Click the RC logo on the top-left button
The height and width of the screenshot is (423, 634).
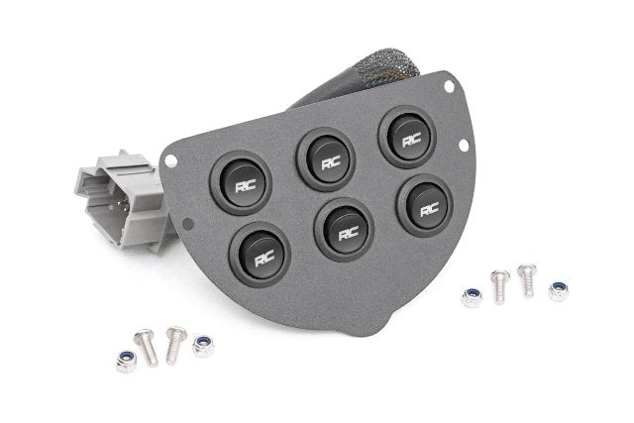241,184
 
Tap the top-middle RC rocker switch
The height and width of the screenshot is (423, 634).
325,159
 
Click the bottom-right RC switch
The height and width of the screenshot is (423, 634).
426,205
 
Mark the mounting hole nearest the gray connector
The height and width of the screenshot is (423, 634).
171,159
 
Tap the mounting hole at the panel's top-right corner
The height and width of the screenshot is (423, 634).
449,87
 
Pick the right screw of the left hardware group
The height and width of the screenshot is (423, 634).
175,343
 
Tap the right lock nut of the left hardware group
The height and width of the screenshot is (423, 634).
204,345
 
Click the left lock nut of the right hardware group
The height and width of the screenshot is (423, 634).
472,297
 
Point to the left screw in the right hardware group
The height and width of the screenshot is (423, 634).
500,285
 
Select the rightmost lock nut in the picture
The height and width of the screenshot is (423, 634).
559,290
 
